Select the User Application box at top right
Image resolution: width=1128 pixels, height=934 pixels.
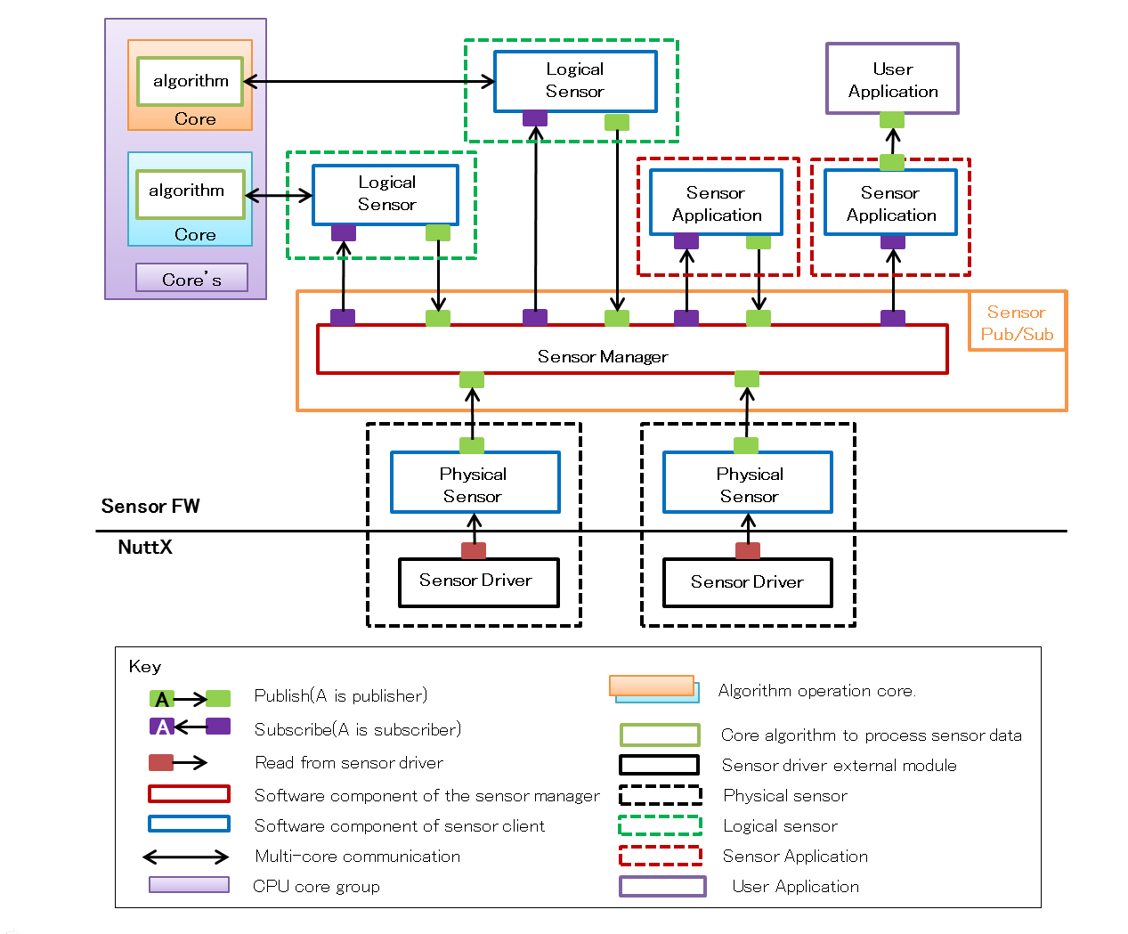(x=892, y=79)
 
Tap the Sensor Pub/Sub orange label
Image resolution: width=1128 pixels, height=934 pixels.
(x=1017, y=322)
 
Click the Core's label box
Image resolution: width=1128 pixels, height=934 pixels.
(x=191, y=279)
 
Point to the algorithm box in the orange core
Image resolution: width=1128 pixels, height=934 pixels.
(x=191, y=81)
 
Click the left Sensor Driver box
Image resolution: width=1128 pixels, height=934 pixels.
(x=479, y=581)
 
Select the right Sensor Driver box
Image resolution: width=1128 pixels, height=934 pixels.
(x=748, y=582)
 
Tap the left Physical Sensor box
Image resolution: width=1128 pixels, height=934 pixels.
(x=475, y=483)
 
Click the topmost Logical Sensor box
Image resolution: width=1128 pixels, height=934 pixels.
(x=575, y=81)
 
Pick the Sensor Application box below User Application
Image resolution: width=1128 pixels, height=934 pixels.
(x=890, y=204)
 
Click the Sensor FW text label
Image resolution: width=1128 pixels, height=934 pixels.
(x=150, y=507)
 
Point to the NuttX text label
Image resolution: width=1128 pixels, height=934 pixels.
(x=145, y=548)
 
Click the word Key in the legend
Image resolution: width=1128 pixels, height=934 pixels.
(x=145, y=667)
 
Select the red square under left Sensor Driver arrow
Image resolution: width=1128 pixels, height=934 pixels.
(x=474, y=550)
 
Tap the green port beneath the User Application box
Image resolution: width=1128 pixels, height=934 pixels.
(x=892, y=120)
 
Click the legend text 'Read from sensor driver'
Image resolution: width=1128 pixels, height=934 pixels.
(x=349, y=763)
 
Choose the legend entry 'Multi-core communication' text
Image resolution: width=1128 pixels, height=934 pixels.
(x=357, y=857)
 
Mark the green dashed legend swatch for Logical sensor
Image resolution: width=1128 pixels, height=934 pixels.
(x=660, y=826)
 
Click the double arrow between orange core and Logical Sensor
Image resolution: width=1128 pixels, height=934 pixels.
(x=369, y=82)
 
